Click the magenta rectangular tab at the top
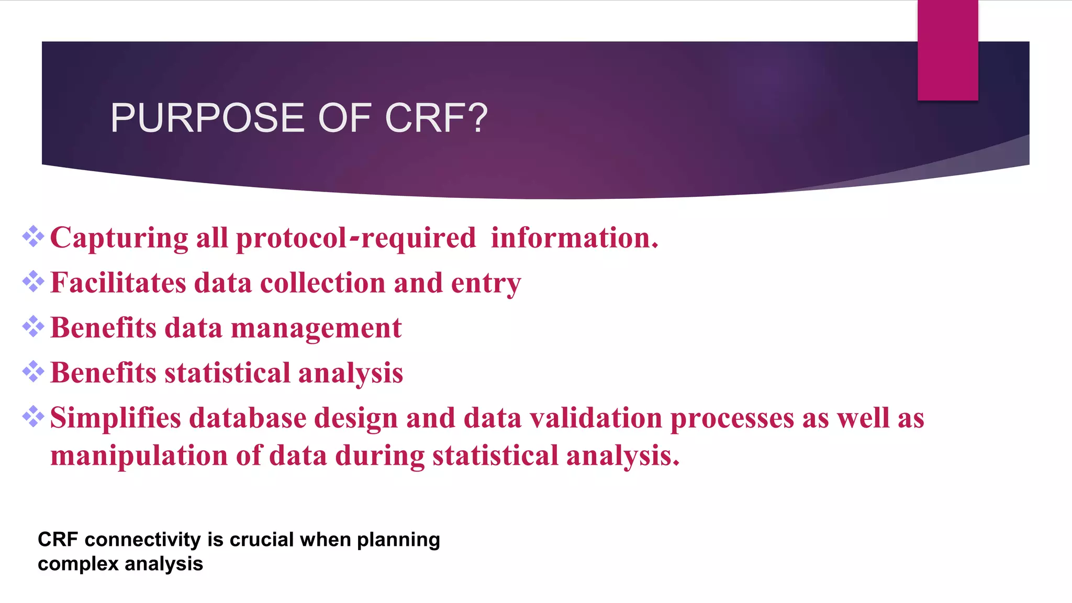pyautogui.click(x=947, y=50)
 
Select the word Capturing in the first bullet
pyautogui.click(x=119, y=239)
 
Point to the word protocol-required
pyautogui.click(x=356, y=239)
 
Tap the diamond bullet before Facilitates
pyautogui.click(x=33, y=282)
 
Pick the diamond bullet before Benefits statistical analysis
pyautogui.click(x=33, y=372)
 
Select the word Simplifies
pyautogui.click(x=115, y=419)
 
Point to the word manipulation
pyautogui.click(x=139, y=456)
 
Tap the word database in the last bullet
pyautogui.click(x=248, y=419)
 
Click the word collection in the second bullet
pyautogui.click(x=322, y=284)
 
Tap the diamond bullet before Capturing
pyautogui.click(x=33, y=237)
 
